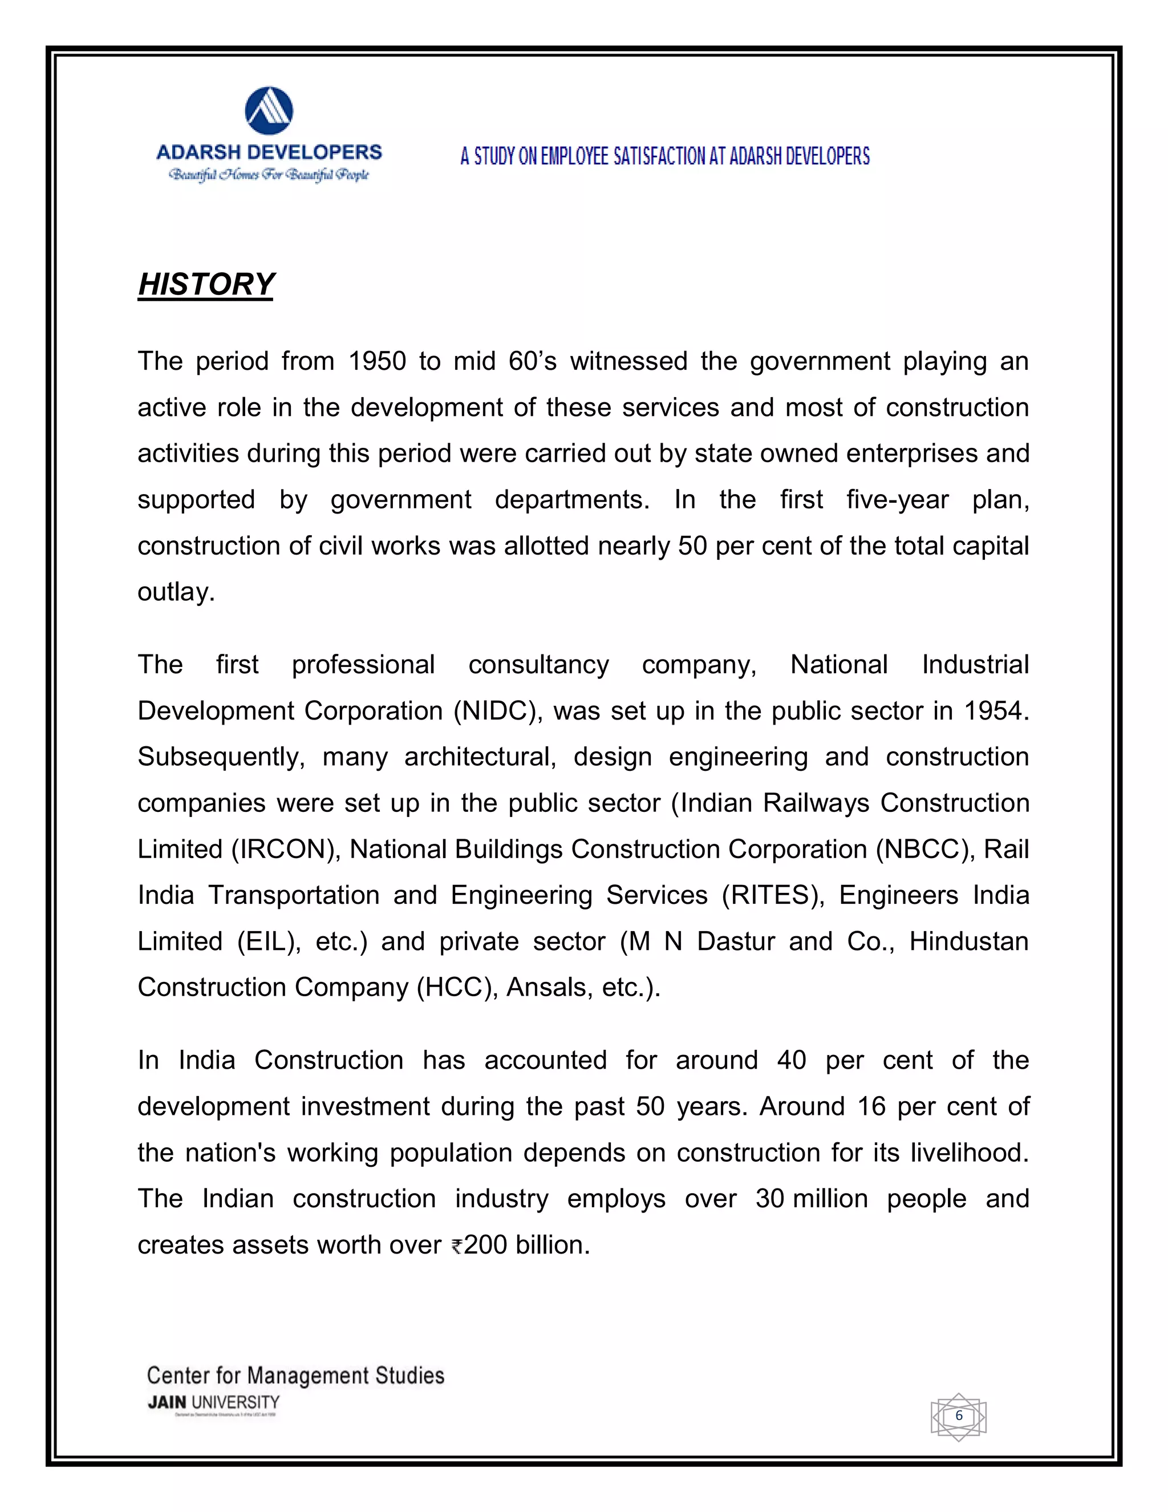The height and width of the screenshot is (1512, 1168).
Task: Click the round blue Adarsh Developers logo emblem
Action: (269, 111)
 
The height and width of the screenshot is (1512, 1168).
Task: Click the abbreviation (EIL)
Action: (269, 941)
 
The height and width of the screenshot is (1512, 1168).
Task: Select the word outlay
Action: (176, 592)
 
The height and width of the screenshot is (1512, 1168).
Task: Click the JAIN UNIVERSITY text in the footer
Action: (213, 1402)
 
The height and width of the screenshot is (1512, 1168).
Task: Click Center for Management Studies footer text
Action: (295, 1375)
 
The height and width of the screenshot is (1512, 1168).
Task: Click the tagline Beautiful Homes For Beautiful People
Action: (269, 175)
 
